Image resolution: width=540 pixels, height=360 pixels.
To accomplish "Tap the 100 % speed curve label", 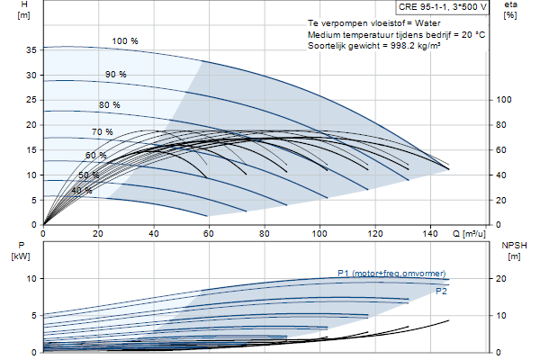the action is click(125, 41).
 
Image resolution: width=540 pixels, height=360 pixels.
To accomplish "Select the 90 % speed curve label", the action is click(116, 75).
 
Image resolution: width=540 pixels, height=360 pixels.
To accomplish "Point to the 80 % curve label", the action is click(110, 104).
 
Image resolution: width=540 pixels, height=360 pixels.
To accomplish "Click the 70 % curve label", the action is click(103, 132).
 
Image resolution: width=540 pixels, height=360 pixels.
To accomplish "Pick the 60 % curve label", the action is click(95, 156).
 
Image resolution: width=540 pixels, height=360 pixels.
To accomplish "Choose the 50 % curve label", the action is click(89, 175).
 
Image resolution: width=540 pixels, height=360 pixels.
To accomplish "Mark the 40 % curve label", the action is click(82, 191).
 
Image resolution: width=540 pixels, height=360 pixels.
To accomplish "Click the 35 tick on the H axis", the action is click(31, 50).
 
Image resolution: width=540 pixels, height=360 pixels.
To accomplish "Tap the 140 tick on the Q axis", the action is click(430, 234).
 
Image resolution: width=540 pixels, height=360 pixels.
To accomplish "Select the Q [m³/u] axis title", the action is click(469, 234).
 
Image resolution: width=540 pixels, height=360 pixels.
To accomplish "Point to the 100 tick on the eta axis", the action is click(504, 100).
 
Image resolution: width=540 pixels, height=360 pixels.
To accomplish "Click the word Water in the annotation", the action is click(427, 23).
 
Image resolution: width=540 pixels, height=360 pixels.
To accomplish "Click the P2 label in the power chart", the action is click(441, 292).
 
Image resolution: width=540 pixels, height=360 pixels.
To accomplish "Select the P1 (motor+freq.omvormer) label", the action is click(391, 274).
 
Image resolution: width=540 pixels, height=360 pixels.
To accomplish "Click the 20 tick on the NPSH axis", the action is click(501, 279).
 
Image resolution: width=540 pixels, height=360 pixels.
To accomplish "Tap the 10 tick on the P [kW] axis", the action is click(31, 279).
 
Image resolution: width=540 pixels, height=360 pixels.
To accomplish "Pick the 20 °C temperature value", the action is click(473, 35).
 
